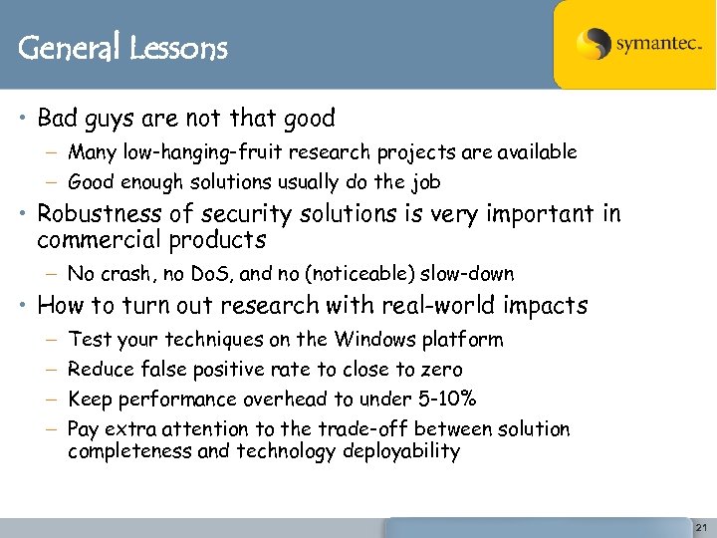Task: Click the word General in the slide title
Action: click(68, 48)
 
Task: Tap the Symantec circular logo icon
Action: click(594, 45)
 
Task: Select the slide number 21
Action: click(700, 527)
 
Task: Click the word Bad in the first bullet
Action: click(57, 119)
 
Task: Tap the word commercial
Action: click(98, 240)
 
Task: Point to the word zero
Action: click(441, 370)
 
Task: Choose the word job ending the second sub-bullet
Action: click(424, 182)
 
